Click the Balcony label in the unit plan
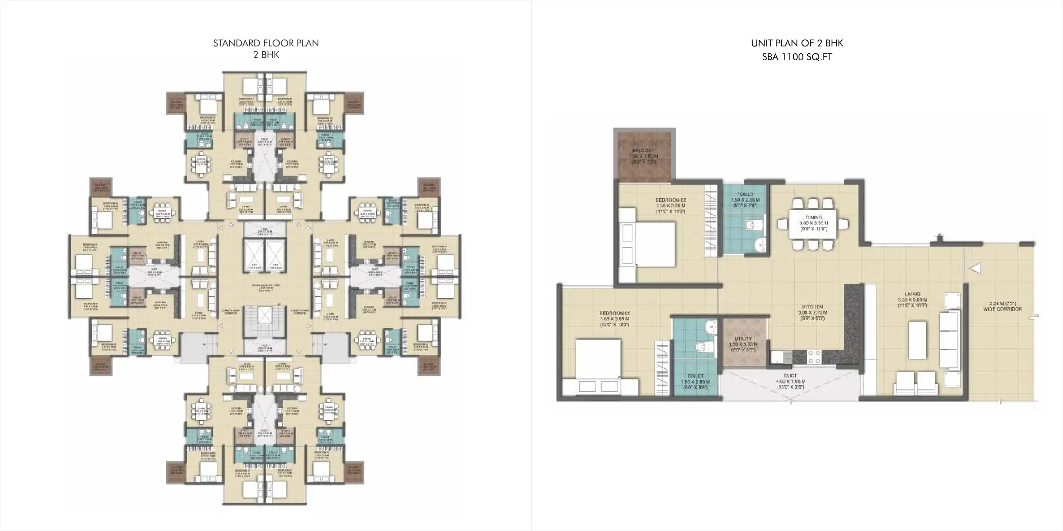tap(644, 151)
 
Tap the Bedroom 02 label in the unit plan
tap(670, 200)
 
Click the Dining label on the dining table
tap(813, 218)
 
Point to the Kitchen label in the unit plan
tap(812, 307)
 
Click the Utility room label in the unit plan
tap(743, 339)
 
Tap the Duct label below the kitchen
tap(790, 376)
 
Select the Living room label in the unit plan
tap(912, 294)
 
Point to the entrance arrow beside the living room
tap(975, 269)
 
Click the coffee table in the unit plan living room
tap(917, 340)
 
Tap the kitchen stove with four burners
tap(814, 357)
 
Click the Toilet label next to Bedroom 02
tap(745, 194)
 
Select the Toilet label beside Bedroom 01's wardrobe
tap(695, 377)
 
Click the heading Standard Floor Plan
tap(266, 43)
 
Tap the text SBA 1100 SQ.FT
tap(797, 57)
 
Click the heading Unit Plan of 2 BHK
tap(797, 43)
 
